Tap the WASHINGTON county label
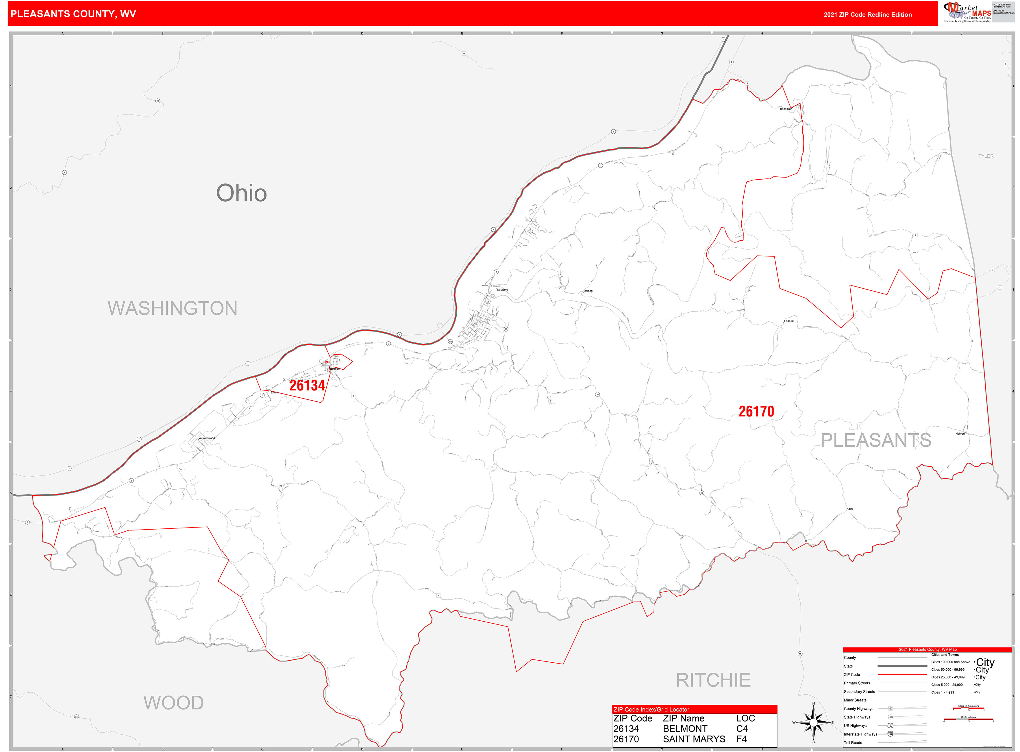173,308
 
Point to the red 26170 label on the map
756,412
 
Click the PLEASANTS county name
876,440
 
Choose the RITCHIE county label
713,680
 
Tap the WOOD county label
173,702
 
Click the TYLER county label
986,156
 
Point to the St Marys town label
502,290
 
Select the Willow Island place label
207,438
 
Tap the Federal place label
789,321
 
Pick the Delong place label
588,291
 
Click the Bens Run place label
786,109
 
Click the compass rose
813,722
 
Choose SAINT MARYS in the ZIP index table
694,739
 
